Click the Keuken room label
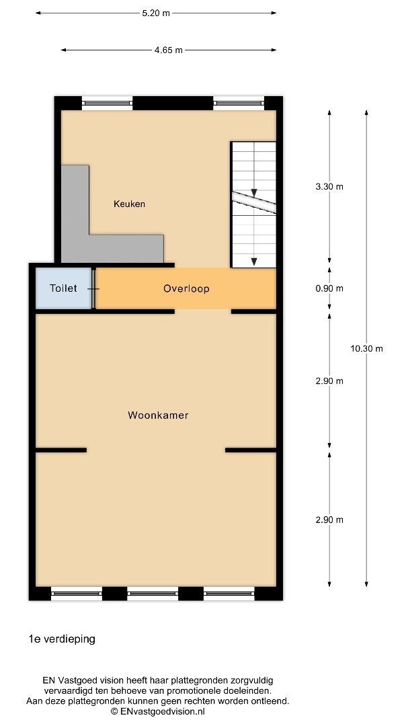click(x=129, y=204)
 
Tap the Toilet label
click(x=63, y=288)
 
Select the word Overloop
click(x=186, y=288)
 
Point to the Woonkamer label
click(x=158, y=415)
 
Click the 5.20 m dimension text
click(x=156, y=13)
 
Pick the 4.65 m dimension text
click(x=169, y=50)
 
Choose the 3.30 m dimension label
click(x=329, y=187)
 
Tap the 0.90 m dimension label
click(x=329, y=288)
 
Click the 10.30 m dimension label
click(x=367, y=349)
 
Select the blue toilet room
click(x=64, y=288)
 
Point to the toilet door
click(x=94, y=288)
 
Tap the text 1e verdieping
click(x=62, y=639)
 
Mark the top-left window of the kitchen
click(x=108, y=103)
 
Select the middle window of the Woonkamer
click(x=153, y=593)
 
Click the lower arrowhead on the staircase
click(x=254, y=261)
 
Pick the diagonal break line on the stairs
click(x=254, y=202)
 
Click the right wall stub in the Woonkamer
click(x=251, y=450)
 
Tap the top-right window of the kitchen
click(x=239, y=103)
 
